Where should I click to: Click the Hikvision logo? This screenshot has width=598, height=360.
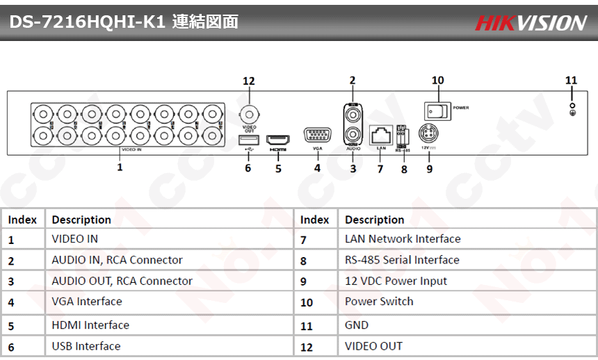point(531,23)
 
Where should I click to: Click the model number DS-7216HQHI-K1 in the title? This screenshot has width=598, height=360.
point(86,22)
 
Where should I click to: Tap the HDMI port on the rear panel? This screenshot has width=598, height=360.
point(278,139)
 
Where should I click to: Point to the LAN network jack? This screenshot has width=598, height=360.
point(380,133)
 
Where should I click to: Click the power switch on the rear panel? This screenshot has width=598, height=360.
point(437,109)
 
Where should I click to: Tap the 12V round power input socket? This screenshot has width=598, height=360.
point(429,134)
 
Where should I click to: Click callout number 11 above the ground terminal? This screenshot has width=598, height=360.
point(571,81)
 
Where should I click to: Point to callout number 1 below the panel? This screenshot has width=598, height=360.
point(120,167)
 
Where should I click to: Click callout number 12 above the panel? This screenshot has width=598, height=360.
point(249,81)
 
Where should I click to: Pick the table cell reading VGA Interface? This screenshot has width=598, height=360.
point(87,302)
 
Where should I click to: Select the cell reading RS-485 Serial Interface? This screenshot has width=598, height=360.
point(402,260)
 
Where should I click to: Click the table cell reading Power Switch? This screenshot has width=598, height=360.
point(379,302)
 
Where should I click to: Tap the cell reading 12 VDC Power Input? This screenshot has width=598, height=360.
point(396,281)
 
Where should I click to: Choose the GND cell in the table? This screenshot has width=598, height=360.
point(357,325)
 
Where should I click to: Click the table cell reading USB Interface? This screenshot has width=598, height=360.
point(86,346)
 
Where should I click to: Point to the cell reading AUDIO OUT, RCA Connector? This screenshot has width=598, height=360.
point(122,281)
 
